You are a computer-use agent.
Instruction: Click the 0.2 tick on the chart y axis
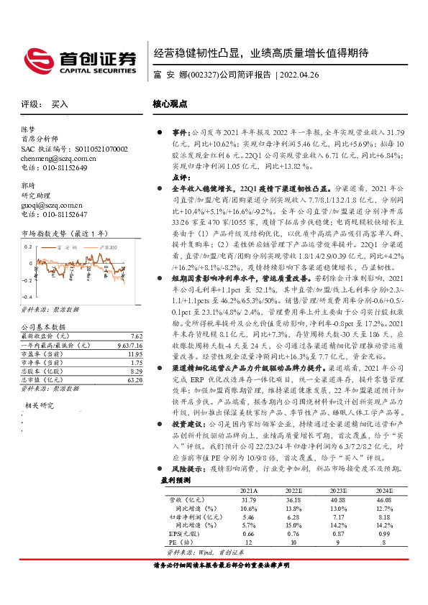27,246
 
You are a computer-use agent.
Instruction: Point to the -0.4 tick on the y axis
25,297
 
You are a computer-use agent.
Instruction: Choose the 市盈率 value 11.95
135,353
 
